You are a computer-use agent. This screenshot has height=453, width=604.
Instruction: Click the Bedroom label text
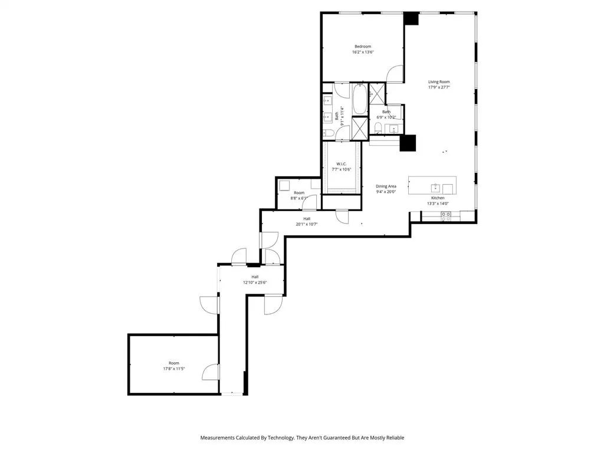tap(363, 47)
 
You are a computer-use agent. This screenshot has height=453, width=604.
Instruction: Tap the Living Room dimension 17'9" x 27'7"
tap(439, 87)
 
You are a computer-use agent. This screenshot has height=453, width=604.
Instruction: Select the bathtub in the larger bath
tap(359, 101)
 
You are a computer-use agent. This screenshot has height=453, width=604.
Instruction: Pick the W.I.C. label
tap(341, 163)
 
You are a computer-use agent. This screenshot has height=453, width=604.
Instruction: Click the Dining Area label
tap(386, 186)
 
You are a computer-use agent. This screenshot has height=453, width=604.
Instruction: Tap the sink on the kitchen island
tap(435, 188)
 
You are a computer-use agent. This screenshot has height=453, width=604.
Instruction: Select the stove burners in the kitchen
tap(445, 216)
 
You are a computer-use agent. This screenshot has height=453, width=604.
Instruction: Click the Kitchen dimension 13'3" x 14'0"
tap(438, 203)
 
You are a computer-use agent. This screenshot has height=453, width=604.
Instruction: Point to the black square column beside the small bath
tap(408, 143)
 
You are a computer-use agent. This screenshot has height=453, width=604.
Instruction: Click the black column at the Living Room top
tap(411, 18)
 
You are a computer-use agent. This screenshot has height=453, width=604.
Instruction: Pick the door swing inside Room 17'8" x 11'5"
tap(209, 371)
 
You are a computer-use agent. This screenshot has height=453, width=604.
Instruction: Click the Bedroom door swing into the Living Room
tap(396, 75)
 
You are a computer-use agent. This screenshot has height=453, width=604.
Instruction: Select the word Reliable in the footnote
tap(393, 438)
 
